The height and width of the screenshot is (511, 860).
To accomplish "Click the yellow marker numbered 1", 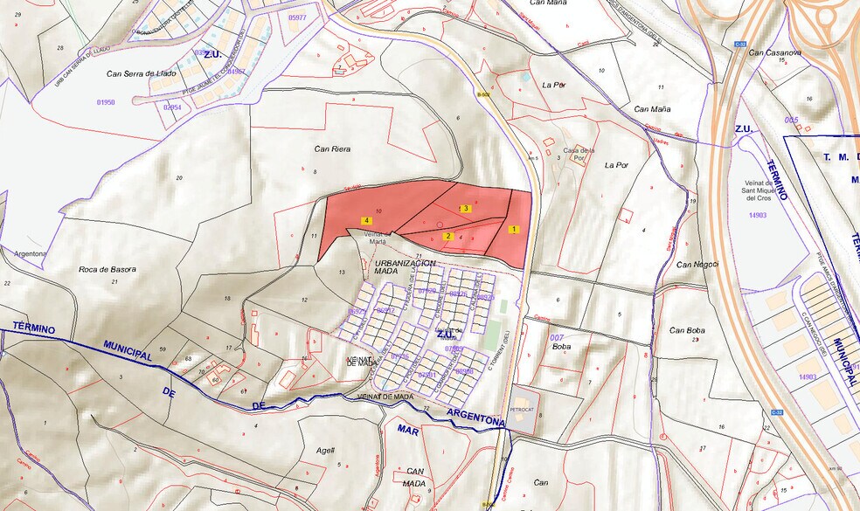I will pos(514,230).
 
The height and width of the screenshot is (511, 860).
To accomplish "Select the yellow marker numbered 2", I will pos(447,236).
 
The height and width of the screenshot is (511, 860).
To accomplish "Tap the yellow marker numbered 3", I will pos(467,209).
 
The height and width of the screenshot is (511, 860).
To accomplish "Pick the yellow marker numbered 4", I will pos(366,221).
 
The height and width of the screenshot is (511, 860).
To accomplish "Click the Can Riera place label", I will pos(332,149).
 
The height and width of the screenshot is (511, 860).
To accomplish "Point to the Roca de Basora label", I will pos(107,270).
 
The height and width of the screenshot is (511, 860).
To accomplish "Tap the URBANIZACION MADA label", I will pos(405,267).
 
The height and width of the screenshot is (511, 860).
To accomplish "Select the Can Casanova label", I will pos(775,52).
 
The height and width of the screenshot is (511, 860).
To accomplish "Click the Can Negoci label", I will pos(697,264).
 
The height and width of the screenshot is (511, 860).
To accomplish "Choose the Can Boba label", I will pos(687,330).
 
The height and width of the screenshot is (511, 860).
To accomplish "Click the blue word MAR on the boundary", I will pos(408,430).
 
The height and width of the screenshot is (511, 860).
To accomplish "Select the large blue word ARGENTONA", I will pos(475,417).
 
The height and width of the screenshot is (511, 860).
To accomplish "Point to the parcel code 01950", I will pos(105,102).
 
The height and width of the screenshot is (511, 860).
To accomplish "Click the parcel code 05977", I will pos(297,17).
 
